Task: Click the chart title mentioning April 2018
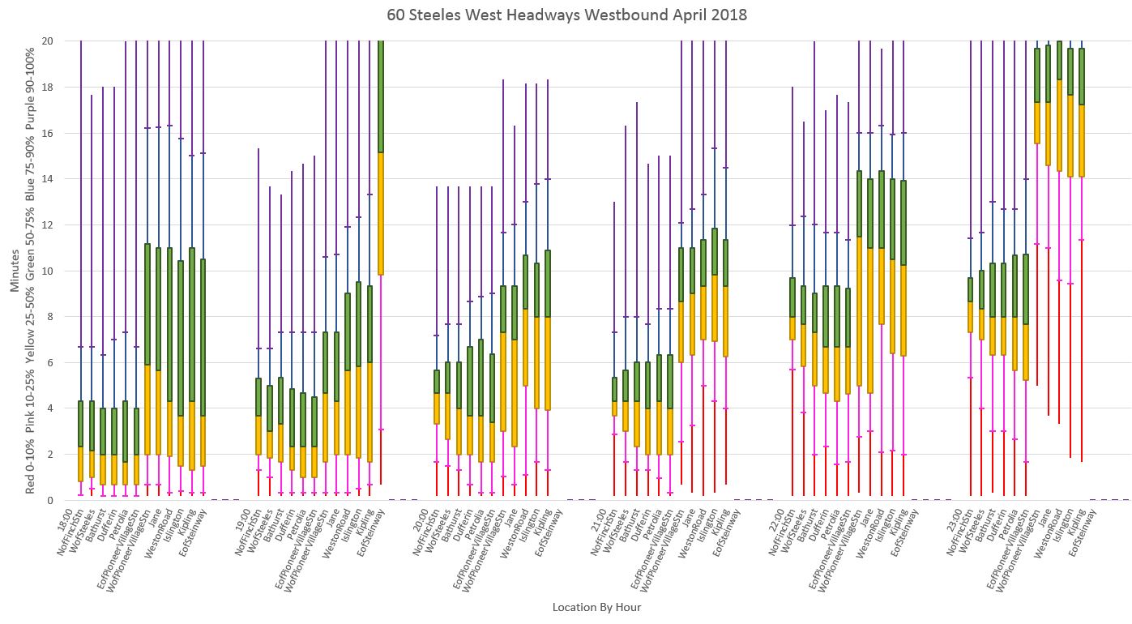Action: click(566, 15)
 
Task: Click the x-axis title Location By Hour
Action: click(596, 607)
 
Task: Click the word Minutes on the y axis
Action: click(15, 270)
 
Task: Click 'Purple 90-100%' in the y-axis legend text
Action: click(30, 80)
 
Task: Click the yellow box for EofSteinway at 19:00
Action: click(381, 213)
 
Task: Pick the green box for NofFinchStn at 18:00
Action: click(80, 424)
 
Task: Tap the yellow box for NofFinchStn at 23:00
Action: click(971, 317)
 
